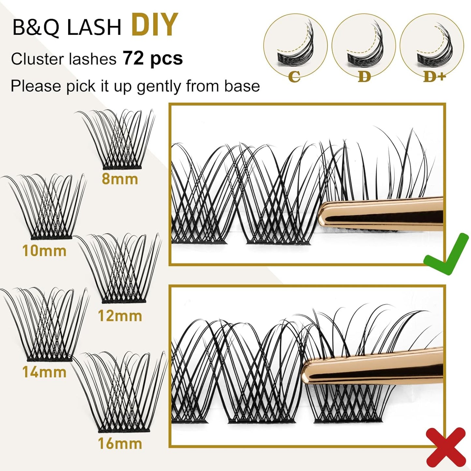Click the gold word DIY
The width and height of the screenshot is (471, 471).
point(155,25)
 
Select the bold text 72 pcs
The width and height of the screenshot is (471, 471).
point(153,59)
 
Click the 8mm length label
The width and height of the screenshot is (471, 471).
point(120,179)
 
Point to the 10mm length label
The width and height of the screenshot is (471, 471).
point(44,251)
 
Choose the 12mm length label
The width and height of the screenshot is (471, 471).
point(120,316)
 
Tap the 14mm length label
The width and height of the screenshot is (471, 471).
point(44,372)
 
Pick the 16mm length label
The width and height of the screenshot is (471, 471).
point(120,444)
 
